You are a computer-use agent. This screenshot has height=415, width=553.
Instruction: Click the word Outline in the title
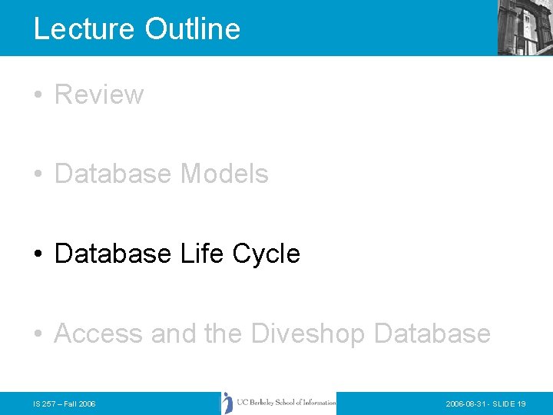[x=193, y=28]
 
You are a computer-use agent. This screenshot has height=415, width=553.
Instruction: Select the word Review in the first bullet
[x=99, y=95]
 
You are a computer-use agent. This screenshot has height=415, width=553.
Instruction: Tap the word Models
[x=224, y=174]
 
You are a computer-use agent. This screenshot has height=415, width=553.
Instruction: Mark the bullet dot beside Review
[x=38, y=95]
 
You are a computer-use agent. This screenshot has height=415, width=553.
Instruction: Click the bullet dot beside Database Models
[x=38, y=174]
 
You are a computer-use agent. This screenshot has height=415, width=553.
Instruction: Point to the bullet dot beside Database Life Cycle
[x=38, y=254]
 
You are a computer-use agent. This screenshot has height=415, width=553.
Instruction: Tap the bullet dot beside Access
[x=38, y=334]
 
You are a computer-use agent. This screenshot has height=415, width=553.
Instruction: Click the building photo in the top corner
[x=525, y=28]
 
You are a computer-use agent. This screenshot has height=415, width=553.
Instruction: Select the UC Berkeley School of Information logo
[x=278, y=403]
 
